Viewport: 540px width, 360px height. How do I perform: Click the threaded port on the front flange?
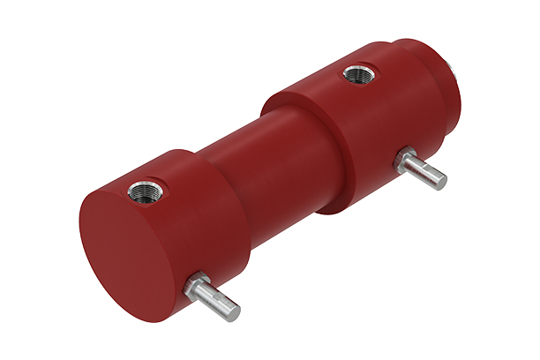(x=142, y=189)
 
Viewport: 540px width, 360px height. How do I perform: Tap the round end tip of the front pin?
(x=231, y=311)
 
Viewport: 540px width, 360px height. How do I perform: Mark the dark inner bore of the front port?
(x=143, y=190)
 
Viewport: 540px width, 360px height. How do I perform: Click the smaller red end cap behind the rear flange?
(x=432, y=53)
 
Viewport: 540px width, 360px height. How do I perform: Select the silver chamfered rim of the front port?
(x=132, y=186)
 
